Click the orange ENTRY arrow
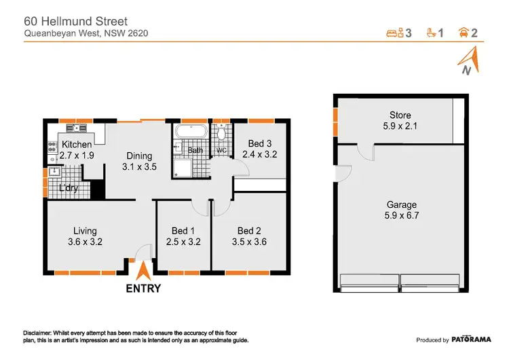[x=143, y=272]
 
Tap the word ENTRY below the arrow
[x=143, y=288]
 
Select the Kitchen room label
[x=77, y=150]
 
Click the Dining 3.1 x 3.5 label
[x=138, y=161]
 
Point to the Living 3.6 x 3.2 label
[x=85, y=236]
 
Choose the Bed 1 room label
[x=182, y=236]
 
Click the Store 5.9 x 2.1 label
[x=400, y=120]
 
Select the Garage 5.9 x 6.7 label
[x=402, y=210]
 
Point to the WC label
[x=221, y=151]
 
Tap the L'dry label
[x=68, y=188]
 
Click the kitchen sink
[x=75, y=128]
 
